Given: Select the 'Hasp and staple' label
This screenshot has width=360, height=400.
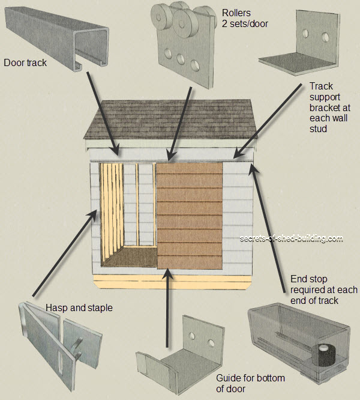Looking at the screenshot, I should click(x=79, y=308).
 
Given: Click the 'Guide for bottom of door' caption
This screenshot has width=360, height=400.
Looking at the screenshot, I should click(x=250, y=383).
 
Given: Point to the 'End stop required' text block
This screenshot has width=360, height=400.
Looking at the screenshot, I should click(x=323, y=289).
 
